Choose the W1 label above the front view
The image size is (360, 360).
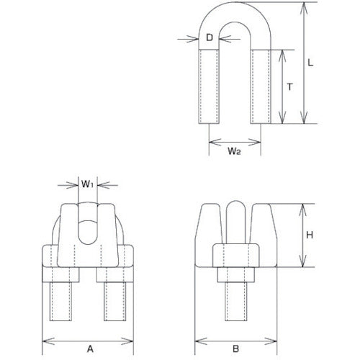point(86,184)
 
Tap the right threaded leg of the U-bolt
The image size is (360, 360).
point(261,86)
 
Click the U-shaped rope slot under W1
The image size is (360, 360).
point(87,232)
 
